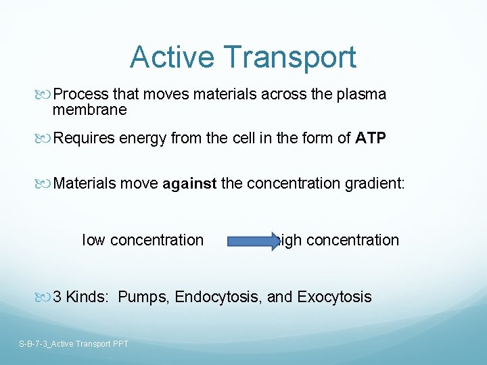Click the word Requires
85,139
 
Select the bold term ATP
371,139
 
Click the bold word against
190,183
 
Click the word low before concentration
93,240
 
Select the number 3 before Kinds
57,297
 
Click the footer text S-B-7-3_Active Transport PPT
74,344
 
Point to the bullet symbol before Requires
46,139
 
